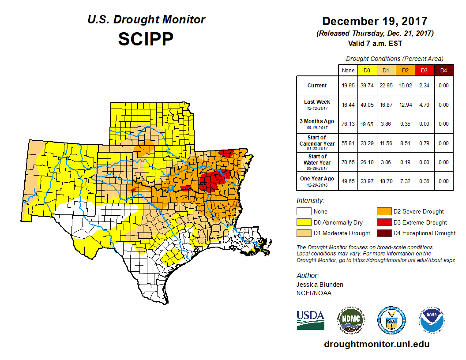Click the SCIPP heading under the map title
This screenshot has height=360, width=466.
[146, 39]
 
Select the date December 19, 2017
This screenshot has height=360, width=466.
[375, 21]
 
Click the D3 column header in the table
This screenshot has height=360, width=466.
[424, 70]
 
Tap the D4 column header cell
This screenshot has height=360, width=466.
[444, 70]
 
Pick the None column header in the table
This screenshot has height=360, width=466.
[348, 70]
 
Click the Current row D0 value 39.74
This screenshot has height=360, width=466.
[367, 86]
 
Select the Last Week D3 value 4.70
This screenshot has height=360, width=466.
[424, 105]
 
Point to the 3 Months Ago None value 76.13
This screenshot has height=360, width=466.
[348, 124]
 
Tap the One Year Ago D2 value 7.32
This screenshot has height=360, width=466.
[405, 181]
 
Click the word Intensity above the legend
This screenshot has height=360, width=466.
[310, 201]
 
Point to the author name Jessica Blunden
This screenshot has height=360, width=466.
[319, 285]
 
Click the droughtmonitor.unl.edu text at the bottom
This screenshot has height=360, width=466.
[376, 344]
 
